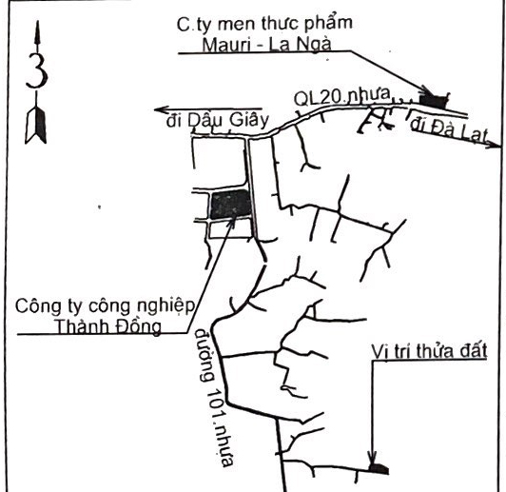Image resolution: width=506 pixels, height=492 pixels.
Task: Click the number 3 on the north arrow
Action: click(37, 70)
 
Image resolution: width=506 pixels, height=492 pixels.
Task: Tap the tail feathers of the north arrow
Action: click(36, 126)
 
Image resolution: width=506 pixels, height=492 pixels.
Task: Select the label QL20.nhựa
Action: click(341, 96)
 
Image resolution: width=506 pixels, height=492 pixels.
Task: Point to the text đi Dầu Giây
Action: click(218, 121)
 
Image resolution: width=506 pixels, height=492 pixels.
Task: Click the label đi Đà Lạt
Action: click(448, 130)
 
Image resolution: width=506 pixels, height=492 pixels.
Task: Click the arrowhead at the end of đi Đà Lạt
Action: click(494, 144)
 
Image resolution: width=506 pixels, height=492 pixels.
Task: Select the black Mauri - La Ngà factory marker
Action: click(434, 101)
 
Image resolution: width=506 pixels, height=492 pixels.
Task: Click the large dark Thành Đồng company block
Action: click(230, 206)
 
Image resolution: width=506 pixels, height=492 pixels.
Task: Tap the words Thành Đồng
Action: click(108, 326)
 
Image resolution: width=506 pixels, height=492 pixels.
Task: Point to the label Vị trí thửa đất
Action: click(429, 351)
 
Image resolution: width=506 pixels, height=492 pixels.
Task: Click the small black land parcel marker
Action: click(379, 469)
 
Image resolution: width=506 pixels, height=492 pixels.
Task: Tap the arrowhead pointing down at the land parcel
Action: click(373, 457)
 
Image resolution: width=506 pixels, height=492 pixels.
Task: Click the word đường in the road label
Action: click(204, 355)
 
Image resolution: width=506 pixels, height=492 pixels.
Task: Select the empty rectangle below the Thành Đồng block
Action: click(230, 229)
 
